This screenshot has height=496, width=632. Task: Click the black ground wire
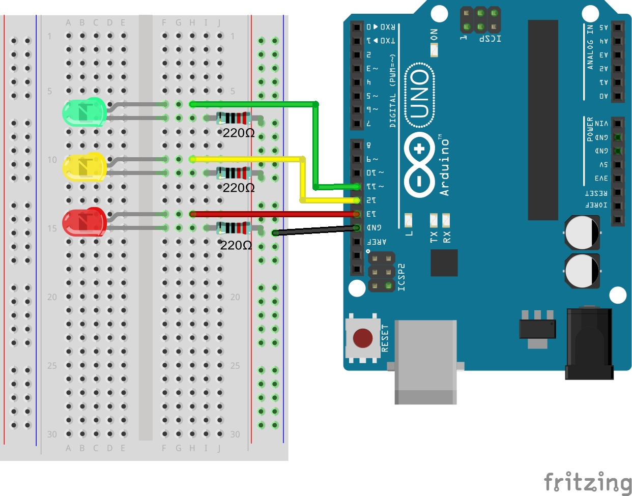315,230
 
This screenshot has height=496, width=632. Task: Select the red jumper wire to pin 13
275,214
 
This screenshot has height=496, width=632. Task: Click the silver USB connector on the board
425,361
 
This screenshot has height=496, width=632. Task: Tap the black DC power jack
589,343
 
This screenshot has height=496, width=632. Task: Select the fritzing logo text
588,482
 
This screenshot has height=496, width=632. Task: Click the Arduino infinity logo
419,165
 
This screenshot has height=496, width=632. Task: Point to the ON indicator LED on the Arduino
434,50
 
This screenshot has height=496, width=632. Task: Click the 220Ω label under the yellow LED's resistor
239,188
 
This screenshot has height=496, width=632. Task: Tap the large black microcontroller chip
543,120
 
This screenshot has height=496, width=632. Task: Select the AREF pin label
377,242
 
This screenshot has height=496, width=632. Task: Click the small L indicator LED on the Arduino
408,220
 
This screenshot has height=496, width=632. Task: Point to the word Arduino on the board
445,166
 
